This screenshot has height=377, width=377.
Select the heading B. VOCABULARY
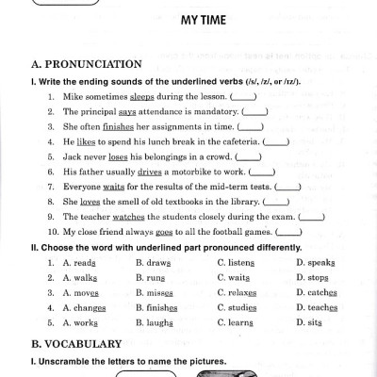(76, 344)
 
